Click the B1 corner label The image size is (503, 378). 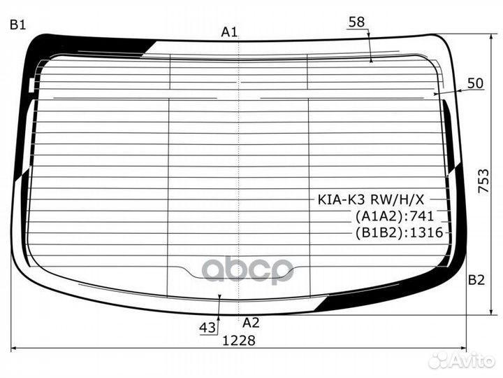coord(17,24)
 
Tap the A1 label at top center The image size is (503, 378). coord(229,31)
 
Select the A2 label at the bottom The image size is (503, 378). coord(251,323)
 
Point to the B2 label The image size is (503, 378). coord(476,280)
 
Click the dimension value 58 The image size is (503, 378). coord(357,22)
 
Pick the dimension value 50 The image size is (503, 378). coord(475,83)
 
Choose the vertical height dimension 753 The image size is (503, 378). coord(483,181)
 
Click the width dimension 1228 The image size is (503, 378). coord(239,340)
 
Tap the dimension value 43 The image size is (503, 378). coord(207,328)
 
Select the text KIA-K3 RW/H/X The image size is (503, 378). coord(371,199)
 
